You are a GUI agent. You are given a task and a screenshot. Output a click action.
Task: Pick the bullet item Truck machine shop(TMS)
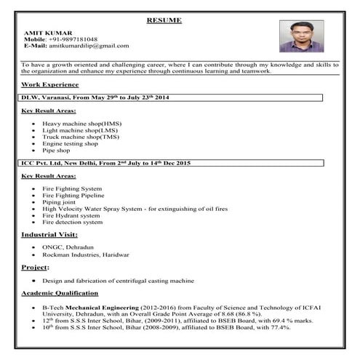coord(80,137)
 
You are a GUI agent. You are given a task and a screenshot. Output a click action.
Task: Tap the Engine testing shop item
coord(71,143)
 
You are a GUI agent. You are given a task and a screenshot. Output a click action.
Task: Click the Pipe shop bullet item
coord(56,150)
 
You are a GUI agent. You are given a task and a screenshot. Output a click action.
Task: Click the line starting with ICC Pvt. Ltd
coord(105,164)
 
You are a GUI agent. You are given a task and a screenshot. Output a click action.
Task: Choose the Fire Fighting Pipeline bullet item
coord(73,196)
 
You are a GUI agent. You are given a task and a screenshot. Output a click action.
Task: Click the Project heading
coord(33,268)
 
